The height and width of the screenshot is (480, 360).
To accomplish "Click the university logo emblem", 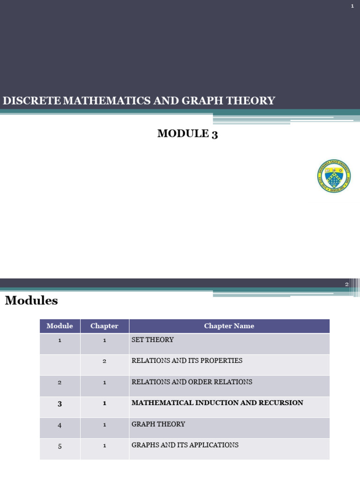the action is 334,176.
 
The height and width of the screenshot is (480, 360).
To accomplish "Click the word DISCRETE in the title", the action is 32,101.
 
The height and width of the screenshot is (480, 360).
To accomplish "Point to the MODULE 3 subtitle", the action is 187,134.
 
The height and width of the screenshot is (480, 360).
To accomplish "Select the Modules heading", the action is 31,300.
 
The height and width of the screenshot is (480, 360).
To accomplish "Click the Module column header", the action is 60,326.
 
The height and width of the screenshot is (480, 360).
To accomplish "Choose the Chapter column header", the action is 105,326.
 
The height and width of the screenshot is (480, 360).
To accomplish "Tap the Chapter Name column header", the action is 229,326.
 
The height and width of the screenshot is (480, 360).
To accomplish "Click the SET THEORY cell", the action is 152,339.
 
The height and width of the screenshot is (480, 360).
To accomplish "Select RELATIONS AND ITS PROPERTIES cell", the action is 187,360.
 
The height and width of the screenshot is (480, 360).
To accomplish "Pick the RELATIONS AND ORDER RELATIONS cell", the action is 192,382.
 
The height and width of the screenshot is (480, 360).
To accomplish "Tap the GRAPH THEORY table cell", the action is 158,424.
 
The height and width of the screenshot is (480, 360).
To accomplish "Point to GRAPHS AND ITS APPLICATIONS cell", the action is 185,445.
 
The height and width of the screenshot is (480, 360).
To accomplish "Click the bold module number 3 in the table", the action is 60,404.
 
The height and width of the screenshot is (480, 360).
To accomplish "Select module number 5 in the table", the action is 60,446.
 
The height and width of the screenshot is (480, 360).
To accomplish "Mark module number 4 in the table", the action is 60,425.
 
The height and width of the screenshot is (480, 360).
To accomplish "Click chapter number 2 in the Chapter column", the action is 105,361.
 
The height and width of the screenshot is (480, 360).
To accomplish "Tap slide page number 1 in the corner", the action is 352,6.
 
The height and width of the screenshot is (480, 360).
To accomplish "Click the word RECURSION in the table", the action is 281,403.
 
